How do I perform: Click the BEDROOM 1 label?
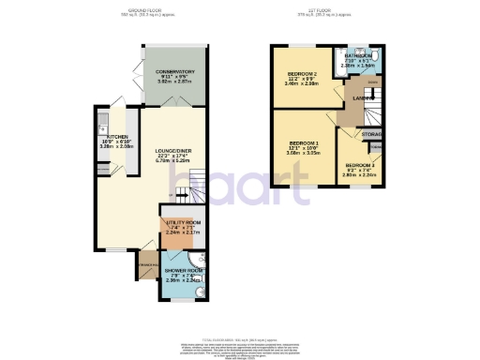coord(303,146)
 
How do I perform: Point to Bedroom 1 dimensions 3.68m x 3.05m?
coord(303,159)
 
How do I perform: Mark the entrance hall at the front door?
coord(146,265)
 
